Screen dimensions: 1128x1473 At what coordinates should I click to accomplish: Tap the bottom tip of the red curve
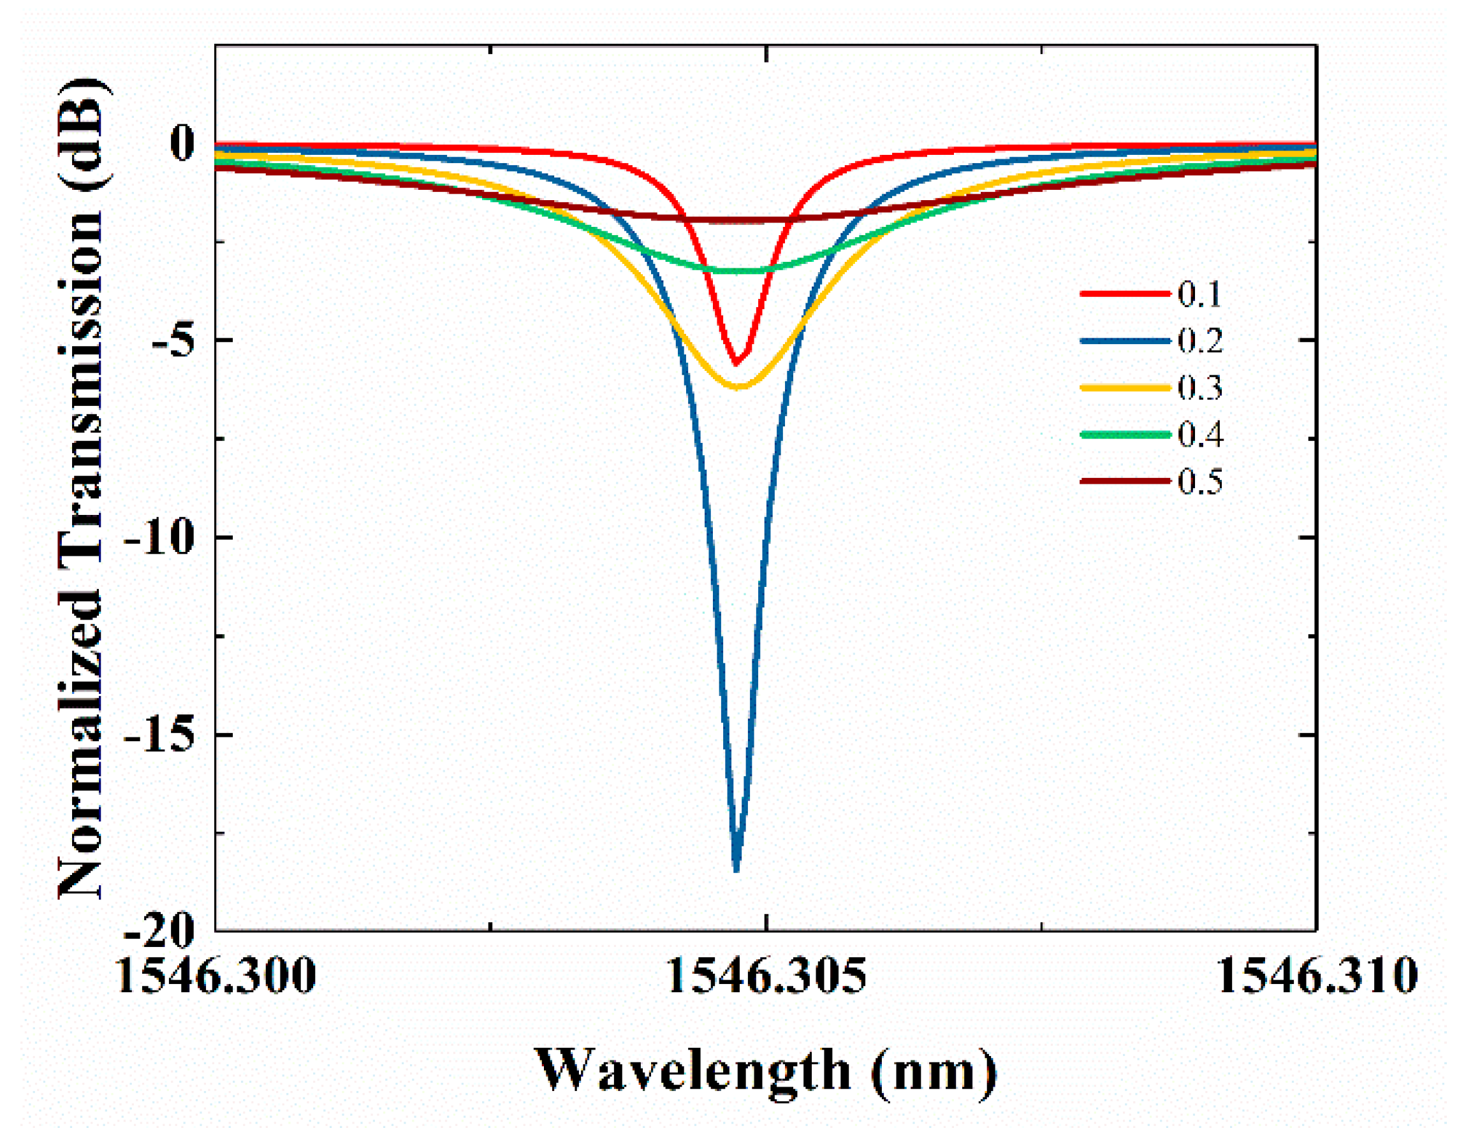pyautogui.click(x=736, y=363)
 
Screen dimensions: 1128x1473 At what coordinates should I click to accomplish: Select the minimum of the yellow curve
pyautogui.click(x=738, y=387)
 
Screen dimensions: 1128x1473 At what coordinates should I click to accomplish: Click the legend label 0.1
pyautogui.click(x=1199, y=294)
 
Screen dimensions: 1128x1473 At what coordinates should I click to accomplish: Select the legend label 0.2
pyautogui.click(x=1199, y=341)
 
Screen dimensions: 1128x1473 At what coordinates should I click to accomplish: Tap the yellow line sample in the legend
pyautogui.click(x=1125, y=388)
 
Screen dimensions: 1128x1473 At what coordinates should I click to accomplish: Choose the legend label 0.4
pyautogui.click(x=1199, y=435)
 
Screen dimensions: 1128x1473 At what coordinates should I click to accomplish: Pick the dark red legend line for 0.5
pyautogui.click(x=1125, y=481)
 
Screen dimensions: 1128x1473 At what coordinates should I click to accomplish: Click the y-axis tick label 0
pyautogui.click(x=181, y=142)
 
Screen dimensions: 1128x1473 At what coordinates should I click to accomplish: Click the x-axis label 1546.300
pyautogui.click(x=216, y=976)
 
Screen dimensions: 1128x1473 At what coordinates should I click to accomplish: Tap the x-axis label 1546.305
pyautogui.click(x=766, y=976)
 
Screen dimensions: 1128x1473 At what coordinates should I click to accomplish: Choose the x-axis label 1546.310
pyautogui.click(x=1317, y=976)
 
